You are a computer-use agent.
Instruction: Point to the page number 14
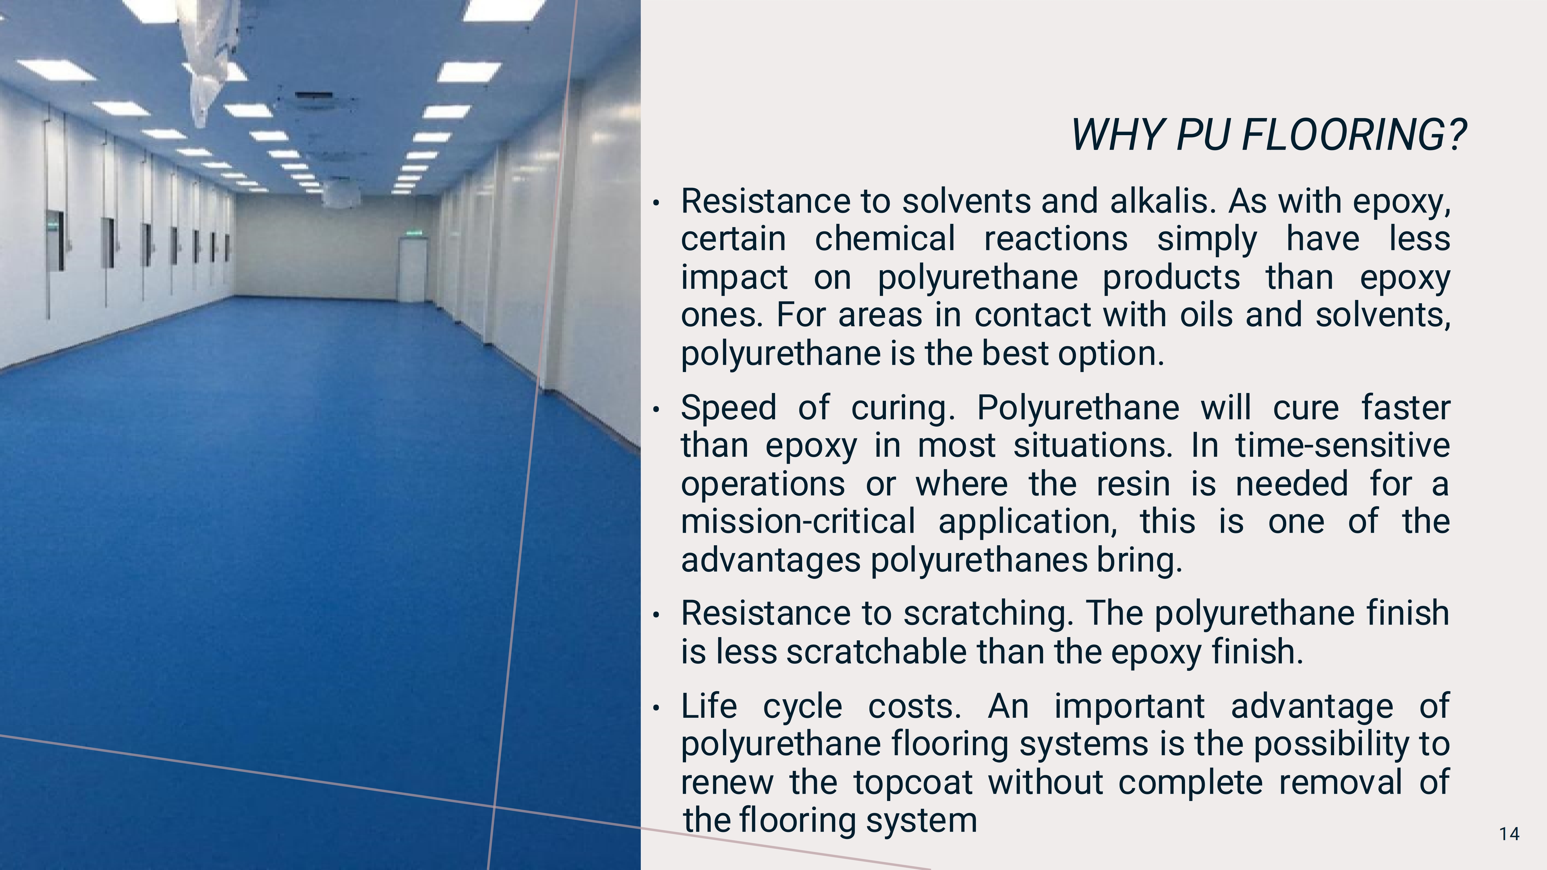pyautogui.click(x=1509, y=834)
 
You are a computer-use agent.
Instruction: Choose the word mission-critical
pyautogui.click(x=798, y=521)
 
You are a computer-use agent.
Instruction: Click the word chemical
pyautogui.click(x=884, y=238)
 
